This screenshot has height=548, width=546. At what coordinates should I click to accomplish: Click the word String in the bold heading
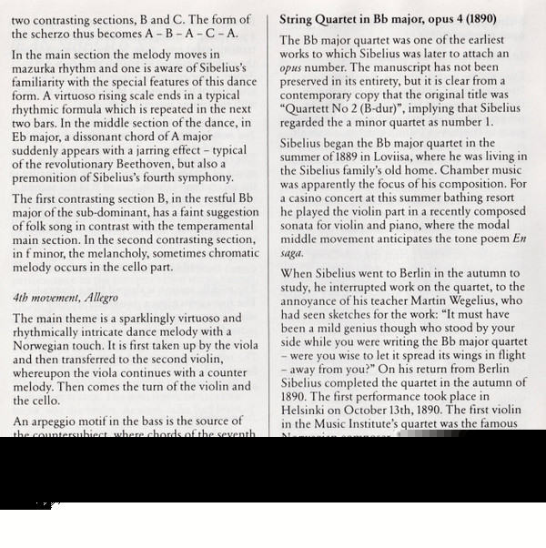click(299, 18)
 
